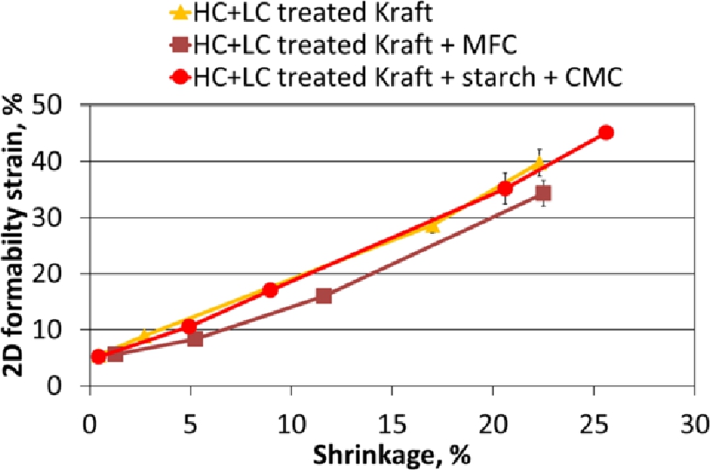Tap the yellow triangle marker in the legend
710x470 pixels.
pyautogui.click(x=179, y=12)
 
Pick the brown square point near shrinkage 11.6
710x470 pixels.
pyautogui.click(x=324, y=296)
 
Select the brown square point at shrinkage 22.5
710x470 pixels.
pyautogui.click(x=543, y=193)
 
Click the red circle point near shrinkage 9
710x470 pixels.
pyautogui.click(x=270, y=289)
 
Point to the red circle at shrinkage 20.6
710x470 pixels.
pyautogui.click(x=505, y=188)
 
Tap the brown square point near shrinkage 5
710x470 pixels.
pyautogui.click(x=195, y=338)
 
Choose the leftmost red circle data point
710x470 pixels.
pyautogui.click(x=98, y=356)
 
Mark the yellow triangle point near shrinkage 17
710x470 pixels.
pyautogui.click(x=431, y=226)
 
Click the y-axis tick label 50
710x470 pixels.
pyautogui.click(x=61, y=106)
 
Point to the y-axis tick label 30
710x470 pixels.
pyautogui.click(x=61, y=218)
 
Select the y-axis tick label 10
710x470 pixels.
pyautogui.click(x=61, y=330)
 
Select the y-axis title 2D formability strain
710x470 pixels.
pyautogui.click(x=17, y=244)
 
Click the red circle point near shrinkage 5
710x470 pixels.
pyautogui.click(x=189, y=326)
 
